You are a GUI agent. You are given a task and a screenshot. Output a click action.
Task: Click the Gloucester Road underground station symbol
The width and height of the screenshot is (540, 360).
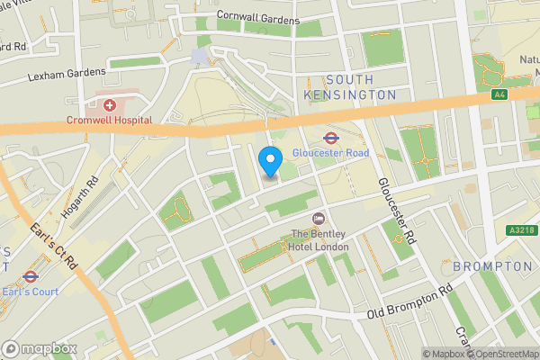[x=330, y=138]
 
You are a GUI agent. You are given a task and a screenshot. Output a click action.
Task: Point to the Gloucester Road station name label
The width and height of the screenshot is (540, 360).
[x=330, y=153]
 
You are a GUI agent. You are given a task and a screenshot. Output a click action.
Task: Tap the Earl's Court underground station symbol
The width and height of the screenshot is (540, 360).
[x=30, y=276]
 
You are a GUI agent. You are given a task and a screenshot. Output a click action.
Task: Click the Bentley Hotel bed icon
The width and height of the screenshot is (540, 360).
[x=318, y=220]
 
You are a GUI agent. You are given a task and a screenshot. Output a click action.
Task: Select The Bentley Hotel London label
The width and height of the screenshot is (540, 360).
[x=319, y=241]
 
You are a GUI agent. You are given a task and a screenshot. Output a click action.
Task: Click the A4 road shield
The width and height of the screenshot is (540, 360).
[x=499, y=94]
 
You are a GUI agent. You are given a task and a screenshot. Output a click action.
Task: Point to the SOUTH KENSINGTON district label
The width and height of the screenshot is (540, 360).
[x=349, y=86]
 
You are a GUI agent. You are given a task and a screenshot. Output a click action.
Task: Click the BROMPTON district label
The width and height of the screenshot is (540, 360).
[x=492, y=266]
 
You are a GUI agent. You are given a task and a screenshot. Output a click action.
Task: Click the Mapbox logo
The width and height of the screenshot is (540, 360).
[x=40, y=348]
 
